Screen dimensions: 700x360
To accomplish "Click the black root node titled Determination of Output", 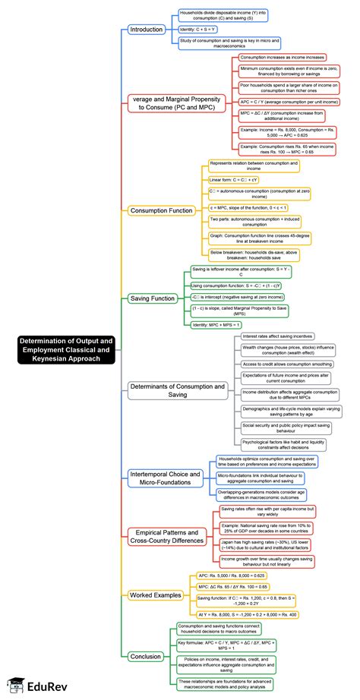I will coord(67,349).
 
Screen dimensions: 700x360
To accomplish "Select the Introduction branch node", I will coord(147,30).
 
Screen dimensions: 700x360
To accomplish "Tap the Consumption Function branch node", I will coord(162,210).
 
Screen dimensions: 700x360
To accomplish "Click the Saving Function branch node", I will coord(152,298).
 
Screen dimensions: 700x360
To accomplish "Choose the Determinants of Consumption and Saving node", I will coord(178,390).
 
